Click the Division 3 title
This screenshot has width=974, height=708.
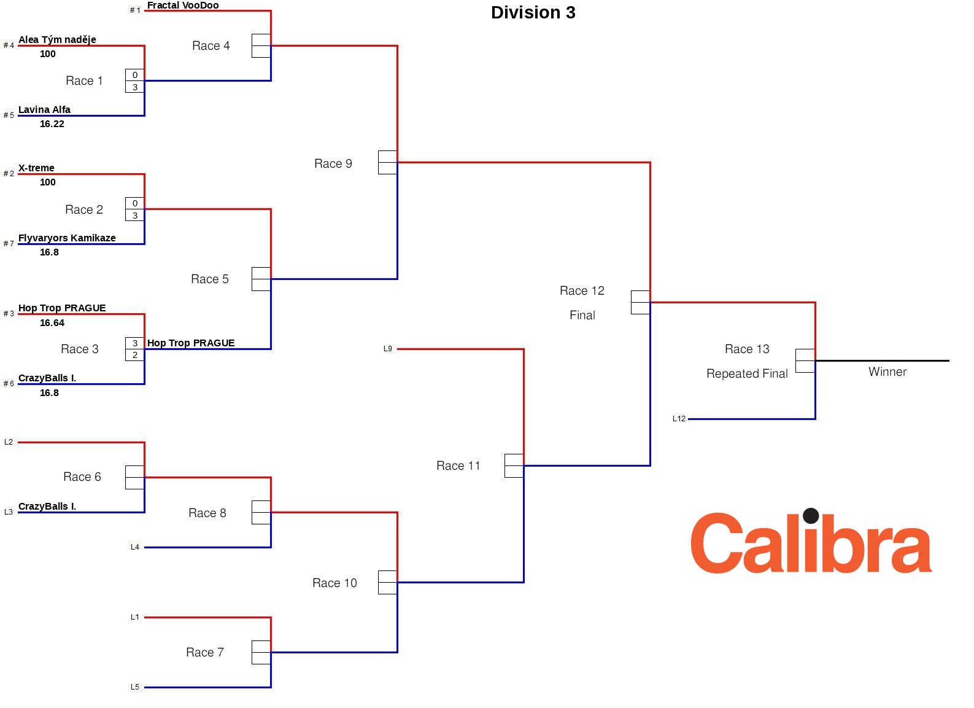(x=533, y=13)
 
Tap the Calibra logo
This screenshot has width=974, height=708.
(x=811, y=542)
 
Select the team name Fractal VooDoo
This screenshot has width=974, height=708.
(x=183, y=6)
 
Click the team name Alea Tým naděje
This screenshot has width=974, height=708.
(x=57, y=40)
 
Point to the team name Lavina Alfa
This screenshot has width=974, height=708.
(x=44, y=110)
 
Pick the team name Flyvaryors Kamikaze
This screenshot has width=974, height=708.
(x=67, y=238)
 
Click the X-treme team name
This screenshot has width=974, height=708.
(x=36, y=168)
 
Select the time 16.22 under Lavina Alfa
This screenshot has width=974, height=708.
(x=52, y=124)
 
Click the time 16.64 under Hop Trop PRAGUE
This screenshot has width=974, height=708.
(x=52, y=323)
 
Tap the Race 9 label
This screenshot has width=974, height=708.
(x=333, y=163)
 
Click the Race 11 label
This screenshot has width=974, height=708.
(x=458, y=466)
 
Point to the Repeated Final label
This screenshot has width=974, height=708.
(x=746, y=374)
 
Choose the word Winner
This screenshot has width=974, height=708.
(x=887, y=372)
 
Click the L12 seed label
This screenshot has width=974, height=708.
(x=679, y=419)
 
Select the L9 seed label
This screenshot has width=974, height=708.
(x=387, y=349)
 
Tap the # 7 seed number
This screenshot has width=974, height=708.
(x=9, y=244)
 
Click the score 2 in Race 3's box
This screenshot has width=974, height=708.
(x=135, y=355)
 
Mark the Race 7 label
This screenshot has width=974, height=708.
(x=204, y=652)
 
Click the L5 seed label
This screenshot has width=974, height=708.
(x=134, y=687)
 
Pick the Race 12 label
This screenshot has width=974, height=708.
(x=582, y=290)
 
